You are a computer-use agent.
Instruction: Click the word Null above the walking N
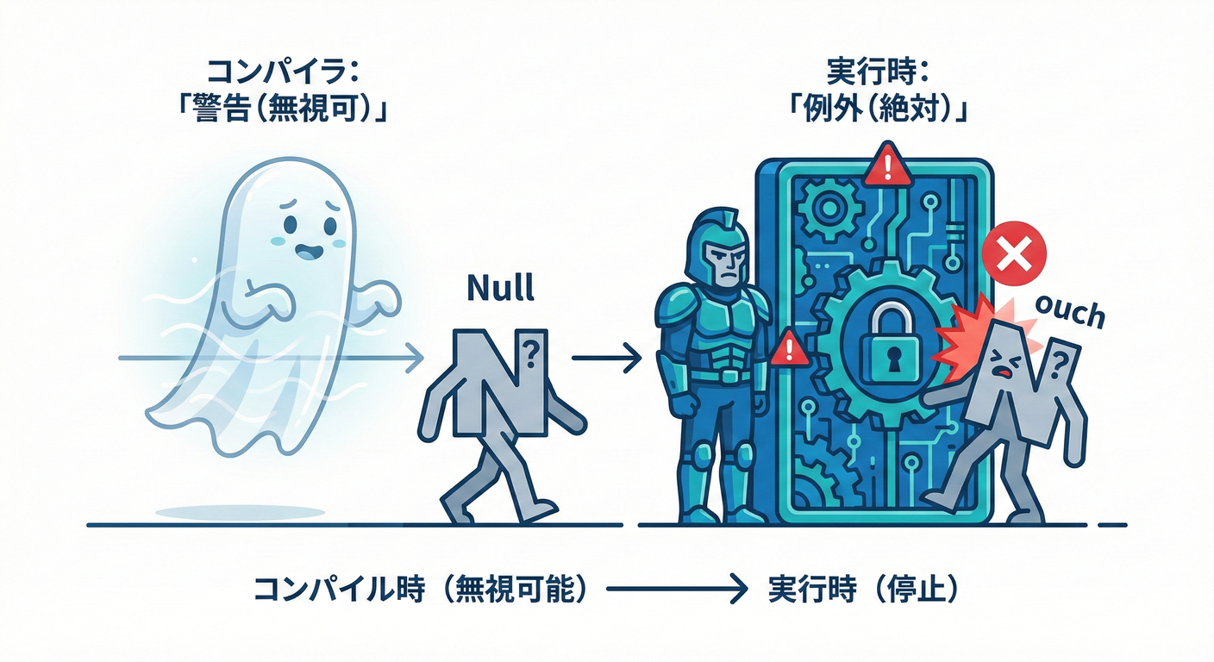point(500,288)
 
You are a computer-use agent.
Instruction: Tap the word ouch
point(1069,312)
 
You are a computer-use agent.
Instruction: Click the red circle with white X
point(1014,253)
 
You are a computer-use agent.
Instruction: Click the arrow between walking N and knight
point(606,358)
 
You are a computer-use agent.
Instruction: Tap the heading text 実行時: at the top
point(878,72)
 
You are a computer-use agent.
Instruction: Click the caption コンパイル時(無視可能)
point(420,589)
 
